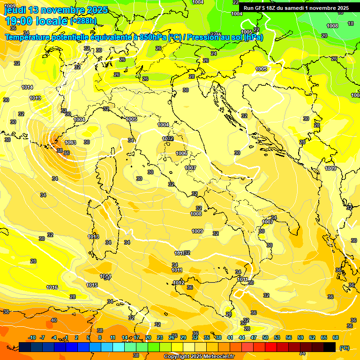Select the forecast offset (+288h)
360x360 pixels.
point(83,21)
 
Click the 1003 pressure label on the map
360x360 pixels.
point(70,142)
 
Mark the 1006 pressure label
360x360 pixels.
point(182,153)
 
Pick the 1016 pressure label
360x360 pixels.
point(52,287)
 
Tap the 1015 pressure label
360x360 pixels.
point(92,285)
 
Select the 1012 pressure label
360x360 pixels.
point(178,283)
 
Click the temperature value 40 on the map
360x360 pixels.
point(54,320)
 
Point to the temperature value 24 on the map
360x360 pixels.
point(214,54)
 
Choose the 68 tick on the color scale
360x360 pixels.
point(336,337)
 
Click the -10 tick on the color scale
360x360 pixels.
point(32,337)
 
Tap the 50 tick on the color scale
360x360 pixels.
point(265,337)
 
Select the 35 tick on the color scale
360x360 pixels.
point(207,337)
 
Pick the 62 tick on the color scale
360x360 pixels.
point(312,337)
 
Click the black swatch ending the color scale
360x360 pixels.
point(330,347)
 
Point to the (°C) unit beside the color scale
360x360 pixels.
point(345,347)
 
